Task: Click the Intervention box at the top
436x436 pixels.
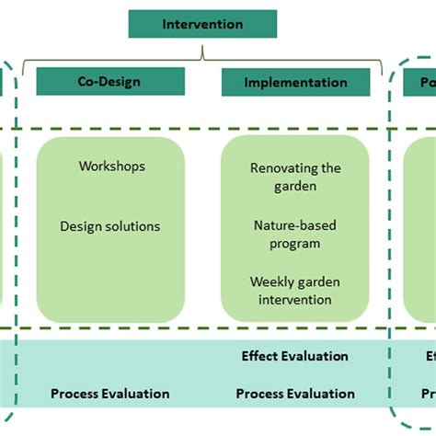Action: pos(202,24)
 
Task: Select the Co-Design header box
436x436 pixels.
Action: pos(110,81)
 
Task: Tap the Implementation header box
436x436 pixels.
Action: pos(295,82)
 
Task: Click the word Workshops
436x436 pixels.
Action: pos(111,166)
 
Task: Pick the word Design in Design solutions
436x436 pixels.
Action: pos(80,226)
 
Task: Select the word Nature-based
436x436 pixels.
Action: pos(295,224)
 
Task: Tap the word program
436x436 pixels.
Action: pos(295,243)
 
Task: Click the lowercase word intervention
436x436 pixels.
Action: pos(295,300)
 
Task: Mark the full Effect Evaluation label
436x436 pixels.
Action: pos(295,356)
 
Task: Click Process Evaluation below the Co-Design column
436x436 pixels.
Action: pos(110,394)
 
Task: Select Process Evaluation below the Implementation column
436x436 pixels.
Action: pos(295,394)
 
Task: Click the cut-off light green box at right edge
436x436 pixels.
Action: pos(421,229)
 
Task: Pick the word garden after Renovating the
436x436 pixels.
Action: pos(295,186)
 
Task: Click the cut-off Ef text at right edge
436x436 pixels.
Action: pos(430,356)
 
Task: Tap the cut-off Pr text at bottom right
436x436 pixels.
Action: pos(429,394)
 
